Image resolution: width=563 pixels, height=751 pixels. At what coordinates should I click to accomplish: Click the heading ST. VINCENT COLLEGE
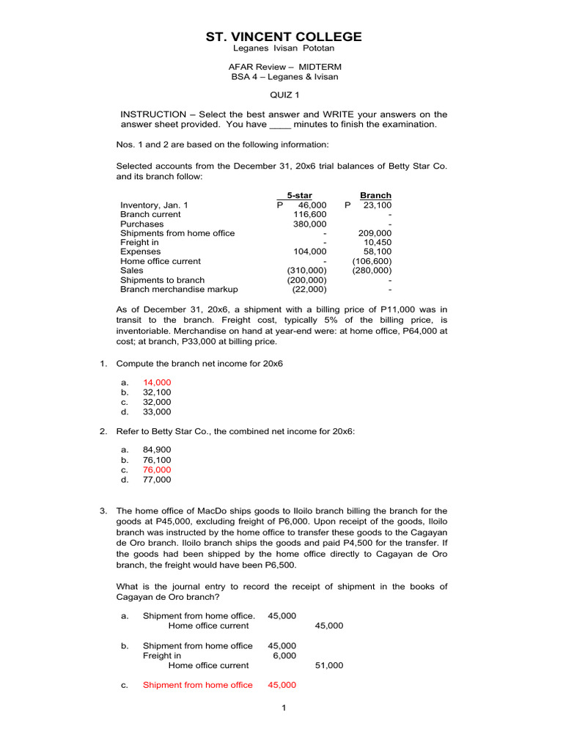coord(282,37)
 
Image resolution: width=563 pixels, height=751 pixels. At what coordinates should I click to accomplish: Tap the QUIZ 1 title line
coord(282,95)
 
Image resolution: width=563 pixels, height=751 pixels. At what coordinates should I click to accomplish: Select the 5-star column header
coord(299,196)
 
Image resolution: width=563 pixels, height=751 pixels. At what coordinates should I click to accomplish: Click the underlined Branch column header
coord(375,196)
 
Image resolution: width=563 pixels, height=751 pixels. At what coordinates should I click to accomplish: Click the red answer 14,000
coord(157,383)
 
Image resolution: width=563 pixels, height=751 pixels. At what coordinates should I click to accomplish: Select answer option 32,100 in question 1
coord(157,392)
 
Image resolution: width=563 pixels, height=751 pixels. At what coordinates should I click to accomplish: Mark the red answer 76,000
coord(157,469)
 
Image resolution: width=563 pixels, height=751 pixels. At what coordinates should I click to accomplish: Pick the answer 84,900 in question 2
coord(157,450)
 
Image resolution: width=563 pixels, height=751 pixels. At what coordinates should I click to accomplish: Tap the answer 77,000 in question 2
coord(157,480)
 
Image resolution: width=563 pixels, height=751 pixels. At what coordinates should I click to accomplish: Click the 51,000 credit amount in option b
coord(328,665)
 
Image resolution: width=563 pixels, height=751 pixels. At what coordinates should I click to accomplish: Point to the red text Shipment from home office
coord(197,685)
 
